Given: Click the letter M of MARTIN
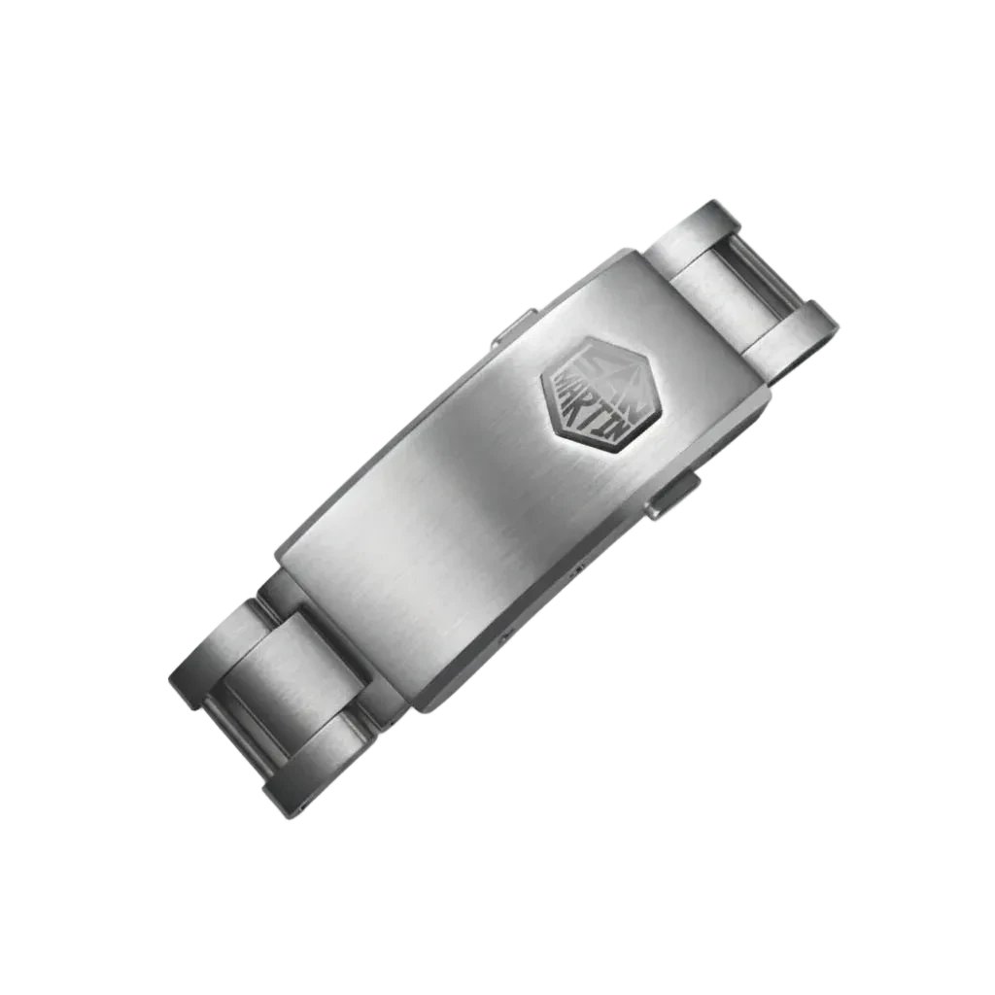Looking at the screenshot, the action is [x=564, y=385].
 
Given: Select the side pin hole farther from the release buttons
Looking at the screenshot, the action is [x=505, y=634].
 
